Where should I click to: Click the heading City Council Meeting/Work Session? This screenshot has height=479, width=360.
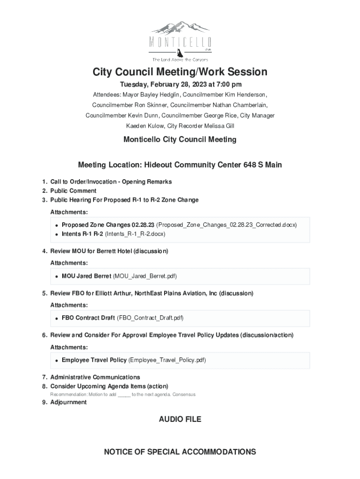point(180,72)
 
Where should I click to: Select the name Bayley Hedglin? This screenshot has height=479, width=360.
point(140,95)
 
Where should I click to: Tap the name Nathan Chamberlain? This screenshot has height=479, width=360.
point(238,105)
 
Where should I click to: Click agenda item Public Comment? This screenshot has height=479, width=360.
point(73,191)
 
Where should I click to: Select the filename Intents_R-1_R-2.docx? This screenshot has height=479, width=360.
point(135,234)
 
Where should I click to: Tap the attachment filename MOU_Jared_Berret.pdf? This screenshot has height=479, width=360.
point(145,276)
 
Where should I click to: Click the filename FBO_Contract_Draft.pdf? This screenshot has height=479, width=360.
point(150,318)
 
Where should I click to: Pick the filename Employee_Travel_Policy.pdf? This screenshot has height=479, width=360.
point(167,360)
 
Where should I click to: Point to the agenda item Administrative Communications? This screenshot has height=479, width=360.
point(95,377)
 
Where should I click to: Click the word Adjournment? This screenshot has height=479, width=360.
point(68,402)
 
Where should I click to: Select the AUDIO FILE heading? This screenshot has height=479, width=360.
point(180,420)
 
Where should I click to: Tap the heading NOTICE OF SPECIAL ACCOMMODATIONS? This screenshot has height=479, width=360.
point(180,452)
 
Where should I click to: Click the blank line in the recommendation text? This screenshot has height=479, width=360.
point(124,395)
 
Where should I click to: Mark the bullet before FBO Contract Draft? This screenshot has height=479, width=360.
point(56,319)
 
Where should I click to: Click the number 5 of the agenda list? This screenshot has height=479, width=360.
point(44,293)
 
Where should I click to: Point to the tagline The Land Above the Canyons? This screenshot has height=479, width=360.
point(180,59)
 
